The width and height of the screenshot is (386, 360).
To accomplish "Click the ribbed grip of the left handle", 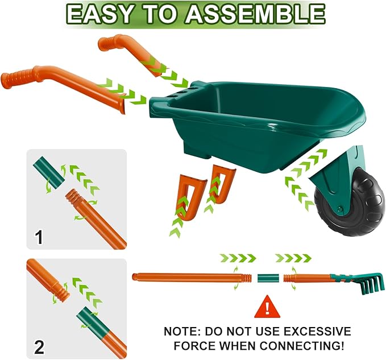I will click(x=18, y=78).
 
